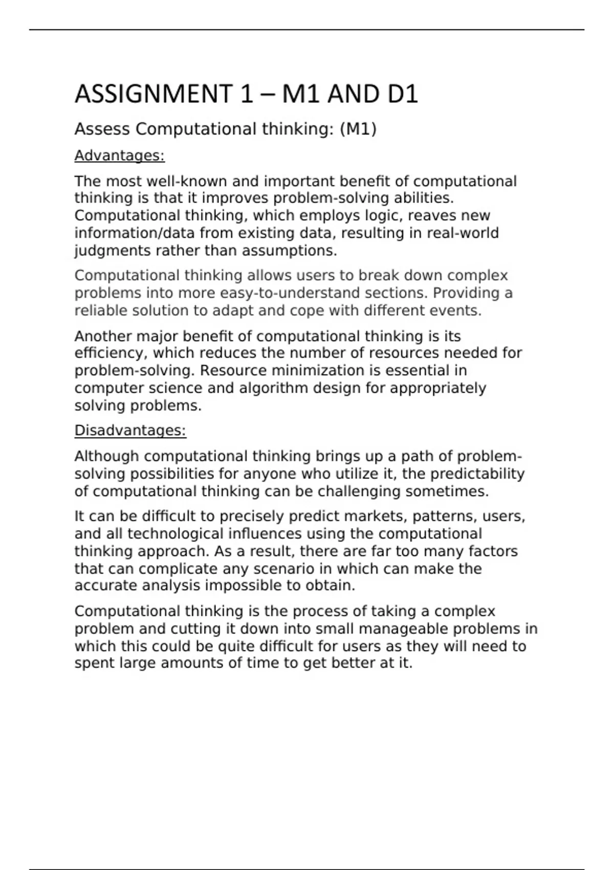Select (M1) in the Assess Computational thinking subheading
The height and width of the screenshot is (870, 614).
(358, 129)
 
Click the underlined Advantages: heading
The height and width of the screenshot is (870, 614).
(120, 156)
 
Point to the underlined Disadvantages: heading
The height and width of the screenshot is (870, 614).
(130, 431)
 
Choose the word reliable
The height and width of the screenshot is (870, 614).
(101, 311)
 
